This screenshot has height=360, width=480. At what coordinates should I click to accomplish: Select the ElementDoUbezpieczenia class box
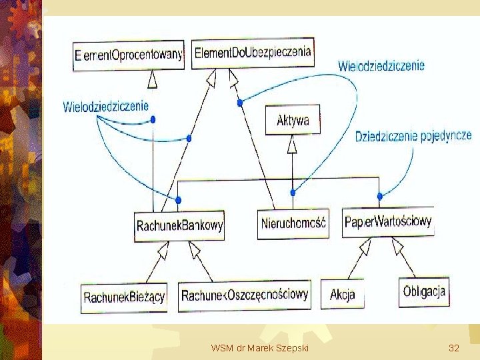253,53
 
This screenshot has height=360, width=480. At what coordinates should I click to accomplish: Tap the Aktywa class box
292,121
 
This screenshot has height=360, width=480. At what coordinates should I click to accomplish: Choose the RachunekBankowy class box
179,225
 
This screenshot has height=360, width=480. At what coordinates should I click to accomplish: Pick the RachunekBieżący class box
124,297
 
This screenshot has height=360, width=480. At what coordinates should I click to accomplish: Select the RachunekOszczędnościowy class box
245,295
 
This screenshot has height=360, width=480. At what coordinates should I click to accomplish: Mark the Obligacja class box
424,291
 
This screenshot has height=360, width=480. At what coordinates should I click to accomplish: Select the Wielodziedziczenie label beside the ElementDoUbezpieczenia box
381,66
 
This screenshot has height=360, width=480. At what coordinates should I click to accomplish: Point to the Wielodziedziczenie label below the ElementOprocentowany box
106,105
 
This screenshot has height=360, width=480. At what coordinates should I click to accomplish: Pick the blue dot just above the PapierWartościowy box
380,196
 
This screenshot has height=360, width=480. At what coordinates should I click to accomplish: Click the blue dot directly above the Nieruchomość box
293,193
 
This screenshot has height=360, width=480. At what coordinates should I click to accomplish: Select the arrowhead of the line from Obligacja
397,248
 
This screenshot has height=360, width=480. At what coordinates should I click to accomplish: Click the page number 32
454,349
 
